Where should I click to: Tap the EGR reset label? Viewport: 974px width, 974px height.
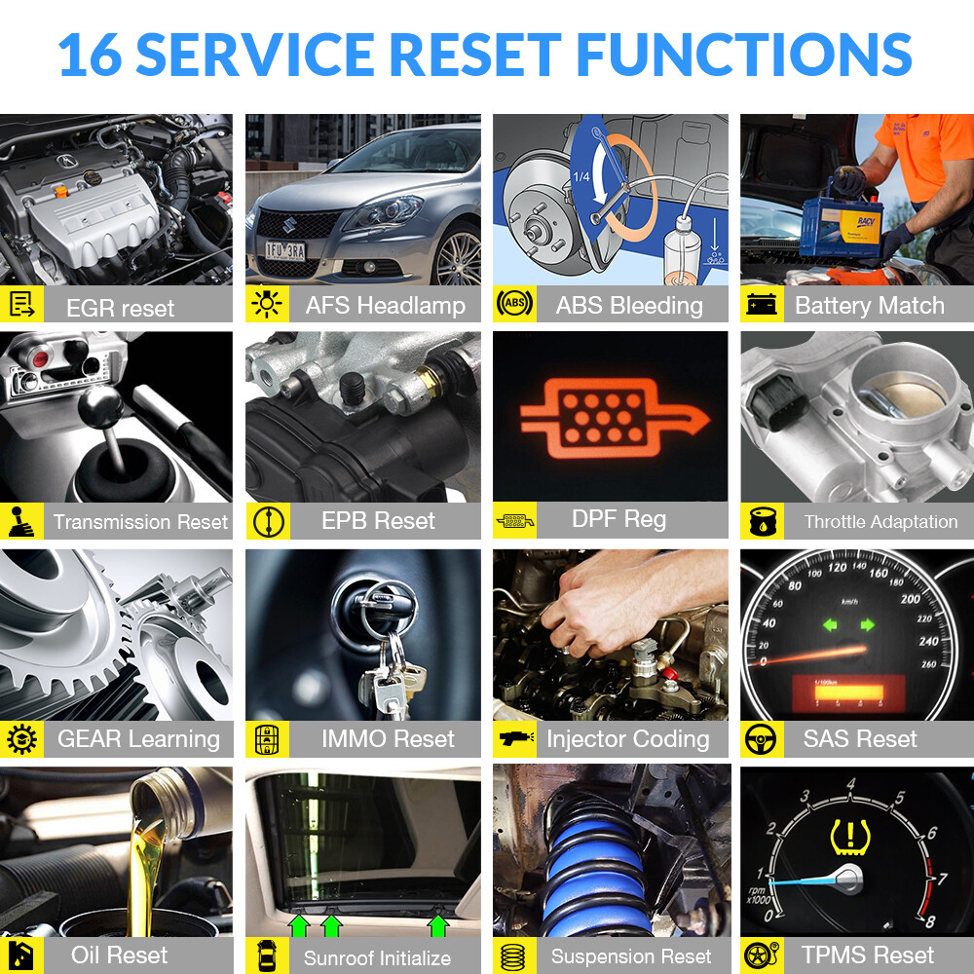coord(120,308)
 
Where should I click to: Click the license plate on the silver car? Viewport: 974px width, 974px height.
coord(285,249)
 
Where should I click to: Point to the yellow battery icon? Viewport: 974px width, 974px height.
coord(762,305)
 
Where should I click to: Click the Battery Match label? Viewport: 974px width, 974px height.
coord(870,306)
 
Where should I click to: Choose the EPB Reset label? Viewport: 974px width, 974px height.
coord(378,521)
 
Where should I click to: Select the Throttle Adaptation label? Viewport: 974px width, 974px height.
coord(880,522)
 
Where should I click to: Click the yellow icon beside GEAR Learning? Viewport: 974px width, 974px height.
coord(20,739)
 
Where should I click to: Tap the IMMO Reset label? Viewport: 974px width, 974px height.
coord(388,739)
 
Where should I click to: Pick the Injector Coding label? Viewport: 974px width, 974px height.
coord(627,739)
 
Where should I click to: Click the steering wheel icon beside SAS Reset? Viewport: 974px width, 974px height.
coord(761,739)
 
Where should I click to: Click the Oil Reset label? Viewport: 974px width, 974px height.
coord(119,955)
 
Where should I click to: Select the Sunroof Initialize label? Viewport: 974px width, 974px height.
coord(377,957)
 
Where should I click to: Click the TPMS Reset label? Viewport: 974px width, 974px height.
coord(867,955)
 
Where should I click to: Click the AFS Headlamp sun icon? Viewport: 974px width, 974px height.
coord(266,305)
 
